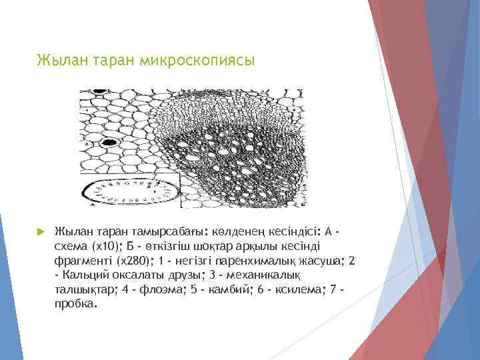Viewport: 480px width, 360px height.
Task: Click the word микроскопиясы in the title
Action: (197, 61)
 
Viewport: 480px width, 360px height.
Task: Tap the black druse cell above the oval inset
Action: (109, 142)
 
